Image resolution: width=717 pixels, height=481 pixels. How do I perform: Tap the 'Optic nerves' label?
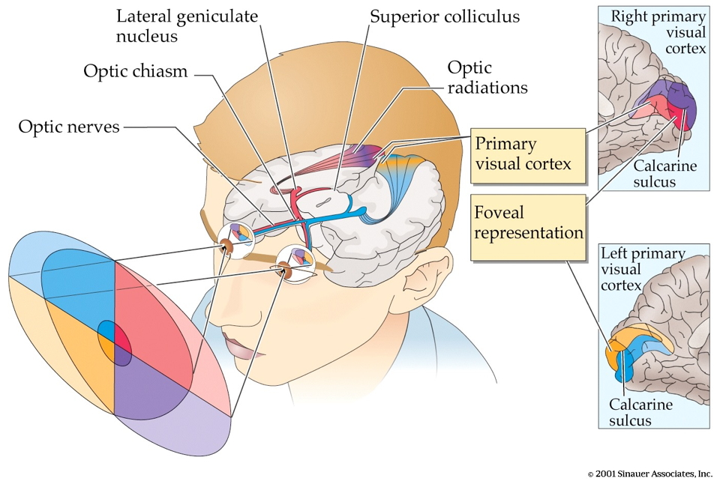pyautogui.click(x=69, y=127)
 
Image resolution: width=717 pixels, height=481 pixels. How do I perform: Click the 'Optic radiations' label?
pyautogui.click(x=487, y=77)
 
